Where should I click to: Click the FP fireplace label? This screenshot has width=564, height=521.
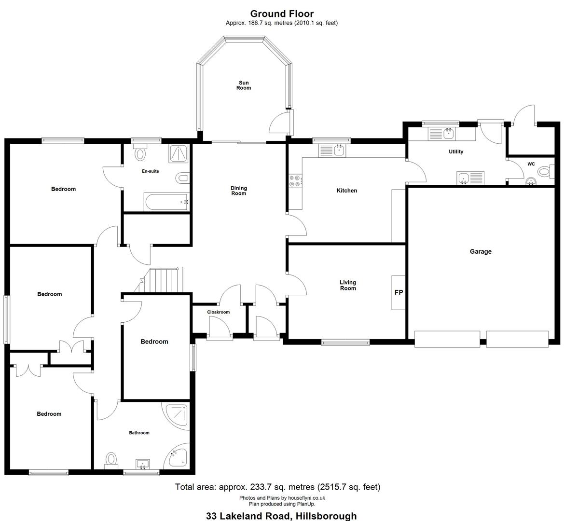399,292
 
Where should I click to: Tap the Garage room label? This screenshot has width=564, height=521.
481,251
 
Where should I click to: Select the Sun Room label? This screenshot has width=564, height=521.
244,85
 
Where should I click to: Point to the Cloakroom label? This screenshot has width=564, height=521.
219,312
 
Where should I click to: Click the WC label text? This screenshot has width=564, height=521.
531,164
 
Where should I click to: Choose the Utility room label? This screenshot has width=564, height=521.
456,152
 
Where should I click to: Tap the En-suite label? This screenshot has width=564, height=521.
151,171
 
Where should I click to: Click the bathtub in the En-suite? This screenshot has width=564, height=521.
166,202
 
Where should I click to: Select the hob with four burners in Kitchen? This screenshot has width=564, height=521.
295,181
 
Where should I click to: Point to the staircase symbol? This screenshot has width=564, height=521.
162,280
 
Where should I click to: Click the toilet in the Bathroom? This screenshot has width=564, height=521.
111,461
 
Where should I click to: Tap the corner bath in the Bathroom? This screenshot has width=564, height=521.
178,458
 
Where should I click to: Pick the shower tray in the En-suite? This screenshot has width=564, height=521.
179,154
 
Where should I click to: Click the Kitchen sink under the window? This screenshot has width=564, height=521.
332,151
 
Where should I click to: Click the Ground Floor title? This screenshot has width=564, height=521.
282,14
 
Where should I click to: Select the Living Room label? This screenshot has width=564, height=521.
348,285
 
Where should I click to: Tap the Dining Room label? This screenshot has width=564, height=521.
238,191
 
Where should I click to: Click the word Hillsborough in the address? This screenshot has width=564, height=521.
326,516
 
